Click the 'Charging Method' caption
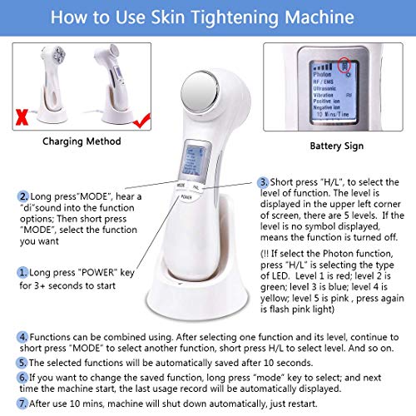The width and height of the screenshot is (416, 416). point(79,140)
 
